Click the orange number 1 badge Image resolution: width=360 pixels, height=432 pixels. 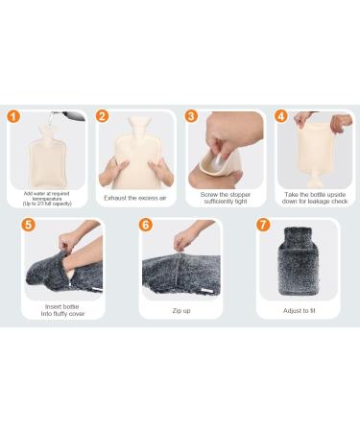12,118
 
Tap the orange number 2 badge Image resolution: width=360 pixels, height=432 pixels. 103,117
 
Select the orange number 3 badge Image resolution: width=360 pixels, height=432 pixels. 191,117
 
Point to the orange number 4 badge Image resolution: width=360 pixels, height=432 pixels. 280,117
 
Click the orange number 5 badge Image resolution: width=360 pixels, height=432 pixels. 30,226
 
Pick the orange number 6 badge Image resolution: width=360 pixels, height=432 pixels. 146,226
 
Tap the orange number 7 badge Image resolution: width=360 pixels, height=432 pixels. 264,226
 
